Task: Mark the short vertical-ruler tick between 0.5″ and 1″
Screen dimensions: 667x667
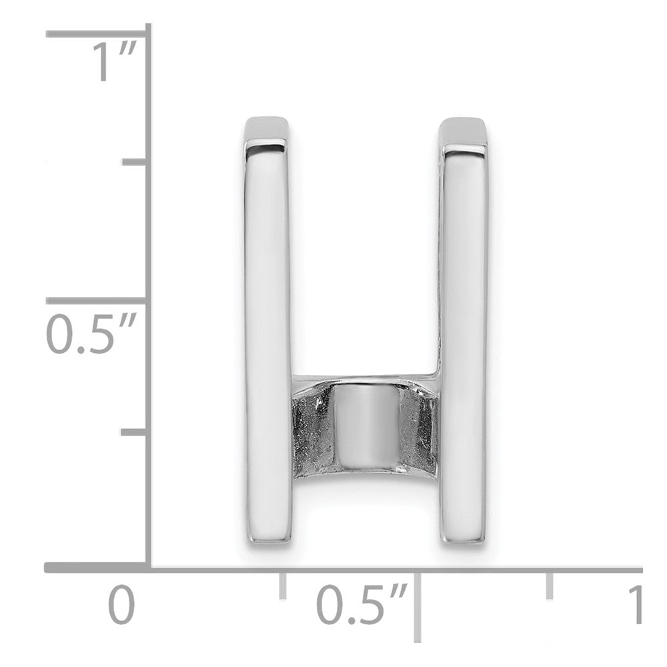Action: pos(134,161)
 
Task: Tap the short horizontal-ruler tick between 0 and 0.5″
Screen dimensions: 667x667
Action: pos(282,586)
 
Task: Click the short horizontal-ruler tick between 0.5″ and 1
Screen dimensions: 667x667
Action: pos(550,586)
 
